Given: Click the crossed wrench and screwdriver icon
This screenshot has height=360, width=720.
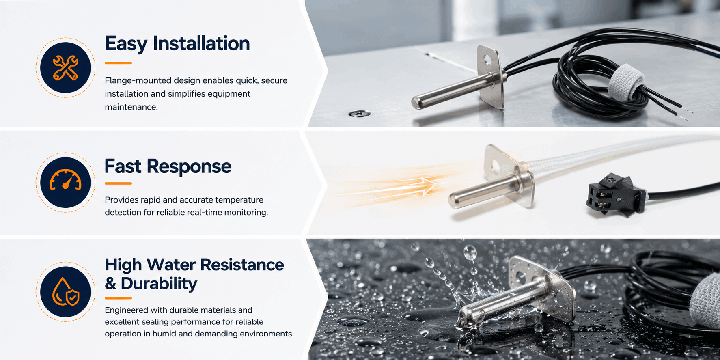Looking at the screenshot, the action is click(x=65, y=68).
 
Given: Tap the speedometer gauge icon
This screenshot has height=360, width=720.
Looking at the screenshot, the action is click(x=65, y=180).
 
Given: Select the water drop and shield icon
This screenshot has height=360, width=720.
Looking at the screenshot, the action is click(x=65, y=291).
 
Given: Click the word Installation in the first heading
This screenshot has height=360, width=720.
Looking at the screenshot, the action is click(x=201, y=43).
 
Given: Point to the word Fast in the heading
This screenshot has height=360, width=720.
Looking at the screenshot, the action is click(x=123, y=166).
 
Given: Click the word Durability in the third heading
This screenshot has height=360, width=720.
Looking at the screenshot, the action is click(x=159, y=284).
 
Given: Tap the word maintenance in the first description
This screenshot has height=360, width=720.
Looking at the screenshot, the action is click(x=131, y=107).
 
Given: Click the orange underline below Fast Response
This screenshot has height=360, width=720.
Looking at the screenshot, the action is click(x=118, y=183).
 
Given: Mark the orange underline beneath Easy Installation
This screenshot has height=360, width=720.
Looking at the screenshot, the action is click(x=118, y=63).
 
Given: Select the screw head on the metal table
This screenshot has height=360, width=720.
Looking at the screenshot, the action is click(x=360, y=114).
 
